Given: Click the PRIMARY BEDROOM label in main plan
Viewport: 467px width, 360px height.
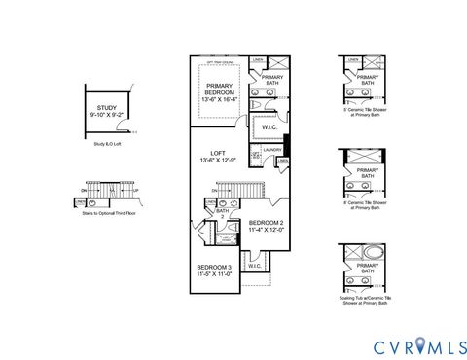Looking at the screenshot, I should point(220,89).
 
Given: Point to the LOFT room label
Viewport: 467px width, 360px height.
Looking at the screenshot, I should point(219,153).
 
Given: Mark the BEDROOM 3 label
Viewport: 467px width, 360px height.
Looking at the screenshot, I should point(214,267).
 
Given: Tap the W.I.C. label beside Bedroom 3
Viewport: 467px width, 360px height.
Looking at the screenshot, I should point(255,265).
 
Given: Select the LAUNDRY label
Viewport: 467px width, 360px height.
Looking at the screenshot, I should point(271,149).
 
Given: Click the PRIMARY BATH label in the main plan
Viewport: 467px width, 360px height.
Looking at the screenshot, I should point(272,80).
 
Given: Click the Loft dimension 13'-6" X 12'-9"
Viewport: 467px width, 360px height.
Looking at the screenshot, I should point(219,161).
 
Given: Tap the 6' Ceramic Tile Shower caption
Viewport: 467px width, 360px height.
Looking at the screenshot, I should point(367,204).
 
